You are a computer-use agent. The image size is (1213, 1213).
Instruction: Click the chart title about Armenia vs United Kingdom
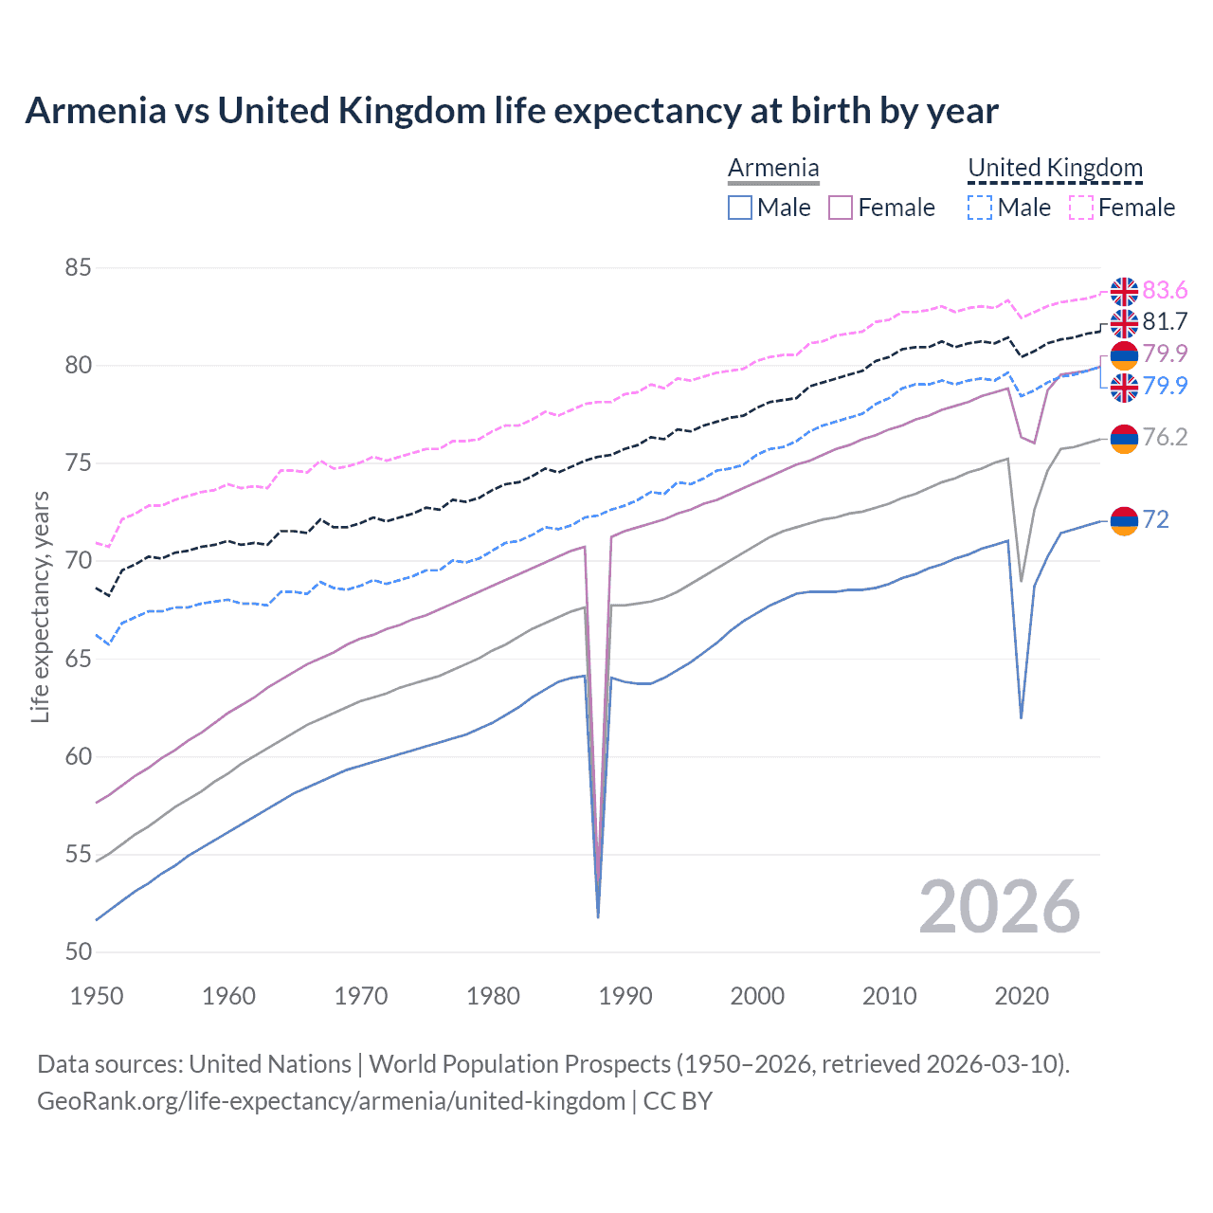click(x=512, y=111)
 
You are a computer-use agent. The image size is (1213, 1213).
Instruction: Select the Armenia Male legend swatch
click(x=740, y=208)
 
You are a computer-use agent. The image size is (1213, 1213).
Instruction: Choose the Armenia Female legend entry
click(x=882, y=208)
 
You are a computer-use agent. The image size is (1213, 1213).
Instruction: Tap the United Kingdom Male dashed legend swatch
click(x=980, y=208)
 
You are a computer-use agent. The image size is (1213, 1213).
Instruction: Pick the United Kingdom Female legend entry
click(x=1123, y=208)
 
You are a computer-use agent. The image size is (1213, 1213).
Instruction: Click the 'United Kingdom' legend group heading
click(x=1055, y=168)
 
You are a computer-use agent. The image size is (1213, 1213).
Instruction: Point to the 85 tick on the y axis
click(x=78, y=268)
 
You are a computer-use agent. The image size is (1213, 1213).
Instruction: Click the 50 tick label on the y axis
click(x=78, y=952)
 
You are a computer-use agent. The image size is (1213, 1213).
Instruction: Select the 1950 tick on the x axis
click(x=97, y=996)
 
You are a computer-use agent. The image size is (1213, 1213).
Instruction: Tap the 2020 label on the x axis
click(x=1022, y=996)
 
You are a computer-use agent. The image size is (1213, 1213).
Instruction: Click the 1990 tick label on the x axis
click(x=625, y=996)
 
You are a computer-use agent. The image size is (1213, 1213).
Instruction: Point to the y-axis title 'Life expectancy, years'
click(x=40, y=606)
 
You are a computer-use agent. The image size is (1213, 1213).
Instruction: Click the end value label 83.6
click(x=1165, y=290)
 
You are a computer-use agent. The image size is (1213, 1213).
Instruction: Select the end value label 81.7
click(x=1165, y=322)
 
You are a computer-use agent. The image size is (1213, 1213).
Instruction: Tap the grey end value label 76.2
click(x=1165, y=437)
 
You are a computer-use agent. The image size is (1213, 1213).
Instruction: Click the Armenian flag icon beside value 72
click(x=1124, y=520)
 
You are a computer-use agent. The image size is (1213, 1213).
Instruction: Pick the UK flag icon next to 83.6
click(x=1124, y=291)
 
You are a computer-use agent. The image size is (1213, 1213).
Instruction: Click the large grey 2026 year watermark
click(x=999, y=907)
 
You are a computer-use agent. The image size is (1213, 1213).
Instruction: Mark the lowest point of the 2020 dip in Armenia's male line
click(x=1021, y=717)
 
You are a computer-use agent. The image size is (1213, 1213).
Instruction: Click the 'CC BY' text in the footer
click(x=678, y=1101)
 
